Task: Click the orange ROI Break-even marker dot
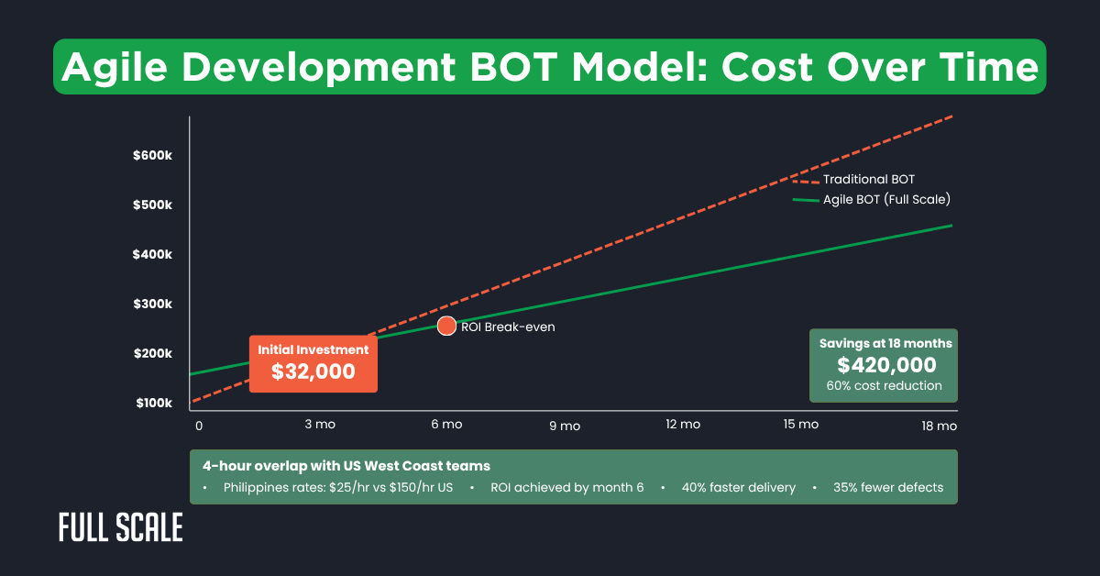click(446, 326)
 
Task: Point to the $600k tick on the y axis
click(152, 156)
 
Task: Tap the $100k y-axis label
click(152, 404)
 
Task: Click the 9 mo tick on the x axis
click(565, 426)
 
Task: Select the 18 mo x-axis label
click(940, 426)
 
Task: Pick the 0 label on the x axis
click(198, 426)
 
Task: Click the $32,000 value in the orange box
click(313, 371)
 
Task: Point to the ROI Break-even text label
click(508, 327)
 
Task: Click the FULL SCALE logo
click(120, 528)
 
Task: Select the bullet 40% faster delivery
click(739, 487)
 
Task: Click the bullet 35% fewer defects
click(887, 487)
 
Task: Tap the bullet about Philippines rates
click(338, 487)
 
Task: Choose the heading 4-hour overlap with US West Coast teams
click(346, 465)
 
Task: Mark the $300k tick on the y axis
click(152, 305)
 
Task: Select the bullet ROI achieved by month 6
click(567, 487)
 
